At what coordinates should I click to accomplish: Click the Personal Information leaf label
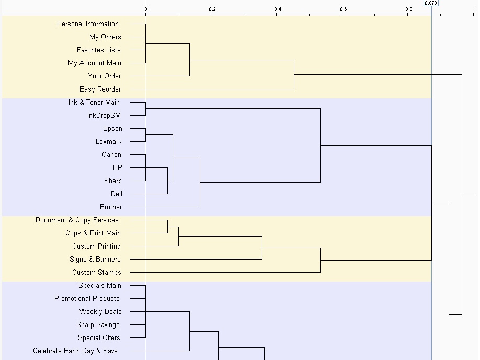click(88, 24)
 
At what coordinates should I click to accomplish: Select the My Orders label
click(105, 37)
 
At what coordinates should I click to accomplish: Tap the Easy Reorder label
click(100, 89)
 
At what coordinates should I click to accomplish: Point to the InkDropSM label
click(104, 116)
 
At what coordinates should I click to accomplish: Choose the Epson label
click(112, 129)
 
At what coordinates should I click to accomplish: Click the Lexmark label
click(108, 142)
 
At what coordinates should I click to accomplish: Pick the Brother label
click(111, 207)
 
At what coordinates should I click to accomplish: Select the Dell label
click(116, 194)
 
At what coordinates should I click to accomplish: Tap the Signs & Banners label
click(95, 260)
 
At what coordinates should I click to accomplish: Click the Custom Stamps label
click(96, 273)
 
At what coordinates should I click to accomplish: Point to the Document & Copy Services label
click(77, 220)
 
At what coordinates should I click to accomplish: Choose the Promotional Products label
click(87, 299)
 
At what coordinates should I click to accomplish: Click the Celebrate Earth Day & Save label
click(75, 351)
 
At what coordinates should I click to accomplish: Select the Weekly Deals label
click(100, 312)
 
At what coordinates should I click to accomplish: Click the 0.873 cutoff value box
click(431, 3)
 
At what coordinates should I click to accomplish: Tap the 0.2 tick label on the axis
click(212, 9)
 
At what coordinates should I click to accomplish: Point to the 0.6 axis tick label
click(344, 9)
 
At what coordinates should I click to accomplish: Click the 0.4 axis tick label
click(278, 9)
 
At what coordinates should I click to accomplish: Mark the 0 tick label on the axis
click(146, 9)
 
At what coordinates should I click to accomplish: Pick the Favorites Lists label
click(99, 50)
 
